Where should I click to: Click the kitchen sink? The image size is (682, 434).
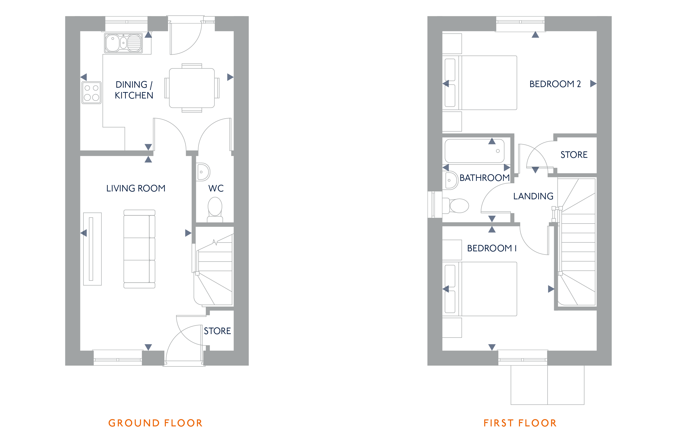(x=123, y=43)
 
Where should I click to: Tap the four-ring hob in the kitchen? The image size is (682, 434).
(x=91, y=93)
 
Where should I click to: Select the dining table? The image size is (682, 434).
(x=192, y=88)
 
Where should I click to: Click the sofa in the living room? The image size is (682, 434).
(x=139, y=249)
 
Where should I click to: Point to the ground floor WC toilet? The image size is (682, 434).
(x=215, y=210)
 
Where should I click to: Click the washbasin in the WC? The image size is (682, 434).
(x=203, y=172)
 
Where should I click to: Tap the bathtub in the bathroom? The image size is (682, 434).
(x=474, y=151)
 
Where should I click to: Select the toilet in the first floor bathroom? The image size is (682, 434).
(x=455, y=206)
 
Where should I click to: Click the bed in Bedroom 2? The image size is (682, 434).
(x=480, y=83)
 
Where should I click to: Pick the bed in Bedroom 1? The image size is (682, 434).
(x=480, y=289)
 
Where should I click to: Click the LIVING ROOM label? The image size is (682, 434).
(x=136, y=189)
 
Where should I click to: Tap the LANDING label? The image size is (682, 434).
(x=533, y=196)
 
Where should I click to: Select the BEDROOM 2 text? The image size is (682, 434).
(x=555, y=84)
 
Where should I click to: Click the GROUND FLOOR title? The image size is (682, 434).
(x=155, y=423)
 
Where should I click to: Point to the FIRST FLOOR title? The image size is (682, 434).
(x=520, y=423)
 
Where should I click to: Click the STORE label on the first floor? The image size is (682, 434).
(x=574, y=155)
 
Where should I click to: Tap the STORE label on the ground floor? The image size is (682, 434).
(x=217, y=331)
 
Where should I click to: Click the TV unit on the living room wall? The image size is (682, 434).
(x=92, y=249)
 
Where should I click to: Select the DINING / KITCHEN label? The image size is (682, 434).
(x=134, y=90)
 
